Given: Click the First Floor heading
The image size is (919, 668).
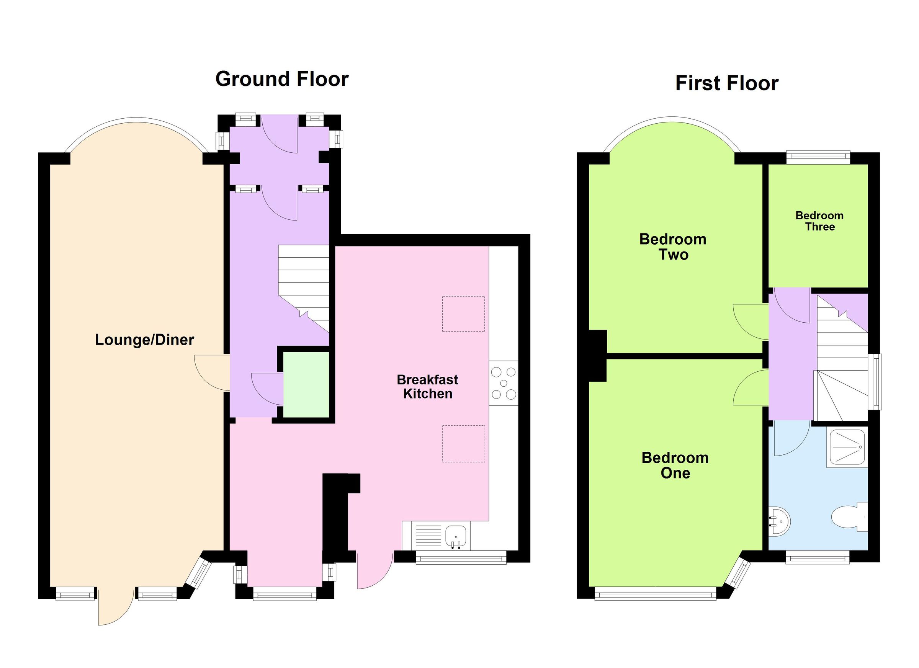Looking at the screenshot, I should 726,83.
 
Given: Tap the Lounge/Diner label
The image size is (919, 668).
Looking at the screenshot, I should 144,340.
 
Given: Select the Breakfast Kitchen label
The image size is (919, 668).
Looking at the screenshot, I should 427,387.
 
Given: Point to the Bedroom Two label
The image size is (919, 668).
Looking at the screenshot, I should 673,247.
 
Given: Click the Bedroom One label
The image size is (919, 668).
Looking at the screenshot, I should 675,465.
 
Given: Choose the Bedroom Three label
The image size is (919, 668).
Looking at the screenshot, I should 819,221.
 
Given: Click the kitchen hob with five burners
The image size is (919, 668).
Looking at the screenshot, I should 503,383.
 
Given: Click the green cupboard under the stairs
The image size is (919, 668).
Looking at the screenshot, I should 306,384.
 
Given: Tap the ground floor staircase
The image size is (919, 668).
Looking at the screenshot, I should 304,284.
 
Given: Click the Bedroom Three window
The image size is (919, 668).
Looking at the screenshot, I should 818,158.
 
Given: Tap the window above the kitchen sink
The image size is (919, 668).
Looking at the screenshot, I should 461,559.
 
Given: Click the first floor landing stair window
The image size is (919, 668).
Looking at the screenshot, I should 876,382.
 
